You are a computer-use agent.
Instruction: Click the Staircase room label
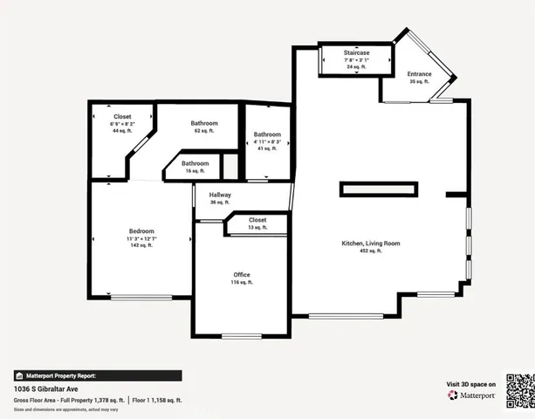356,53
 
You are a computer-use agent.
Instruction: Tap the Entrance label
419,74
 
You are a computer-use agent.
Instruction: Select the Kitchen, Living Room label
370,243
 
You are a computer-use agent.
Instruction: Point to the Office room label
242,275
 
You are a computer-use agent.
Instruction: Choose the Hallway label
220,194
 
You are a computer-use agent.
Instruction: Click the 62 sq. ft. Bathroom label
204,123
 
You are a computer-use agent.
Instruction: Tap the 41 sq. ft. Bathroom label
267,134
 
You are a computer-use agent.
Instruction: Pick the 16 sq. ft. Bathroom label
195,163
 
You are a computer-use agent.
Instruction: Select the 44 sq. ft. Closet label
122,116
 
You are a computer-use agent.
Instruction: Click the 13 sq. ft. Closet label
257,220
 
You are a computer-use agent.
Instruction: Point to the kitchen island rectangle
378,189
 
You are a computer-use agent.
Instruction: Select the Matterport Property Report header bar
98,375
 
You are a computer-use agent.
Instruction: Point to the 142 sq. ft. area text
141,245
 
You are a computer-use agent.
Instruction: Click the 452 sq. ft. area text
370,251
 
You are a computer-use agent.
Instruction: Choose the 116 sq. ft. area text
242,283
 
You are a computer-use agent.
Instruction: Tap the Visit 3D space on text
472,384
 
